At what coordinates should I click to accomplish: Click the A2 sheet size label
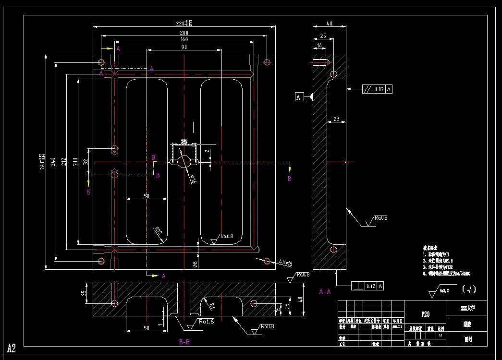tap(12, 348)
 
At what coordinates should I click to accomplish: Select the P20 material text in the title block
tap(425, 314)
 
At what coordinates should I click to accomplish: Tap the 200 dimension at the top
tap(184, 32)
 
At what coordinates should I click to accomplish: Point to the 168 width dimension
tap(184, 39)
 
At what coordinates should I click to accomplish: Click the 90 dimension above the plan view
tap(184, 47)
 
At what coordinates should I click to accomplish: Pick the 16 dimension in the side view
tap(319, 45)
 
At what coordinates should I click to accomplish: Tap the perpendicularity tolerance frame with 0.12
tap(368, 286)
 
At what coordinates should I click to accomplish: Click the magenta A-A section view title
tap(325, 291)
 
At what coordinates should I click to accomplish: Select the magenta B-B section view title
tap(185, 342)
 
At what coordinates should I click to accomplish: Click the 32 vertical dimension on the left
tap(86, 162)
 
